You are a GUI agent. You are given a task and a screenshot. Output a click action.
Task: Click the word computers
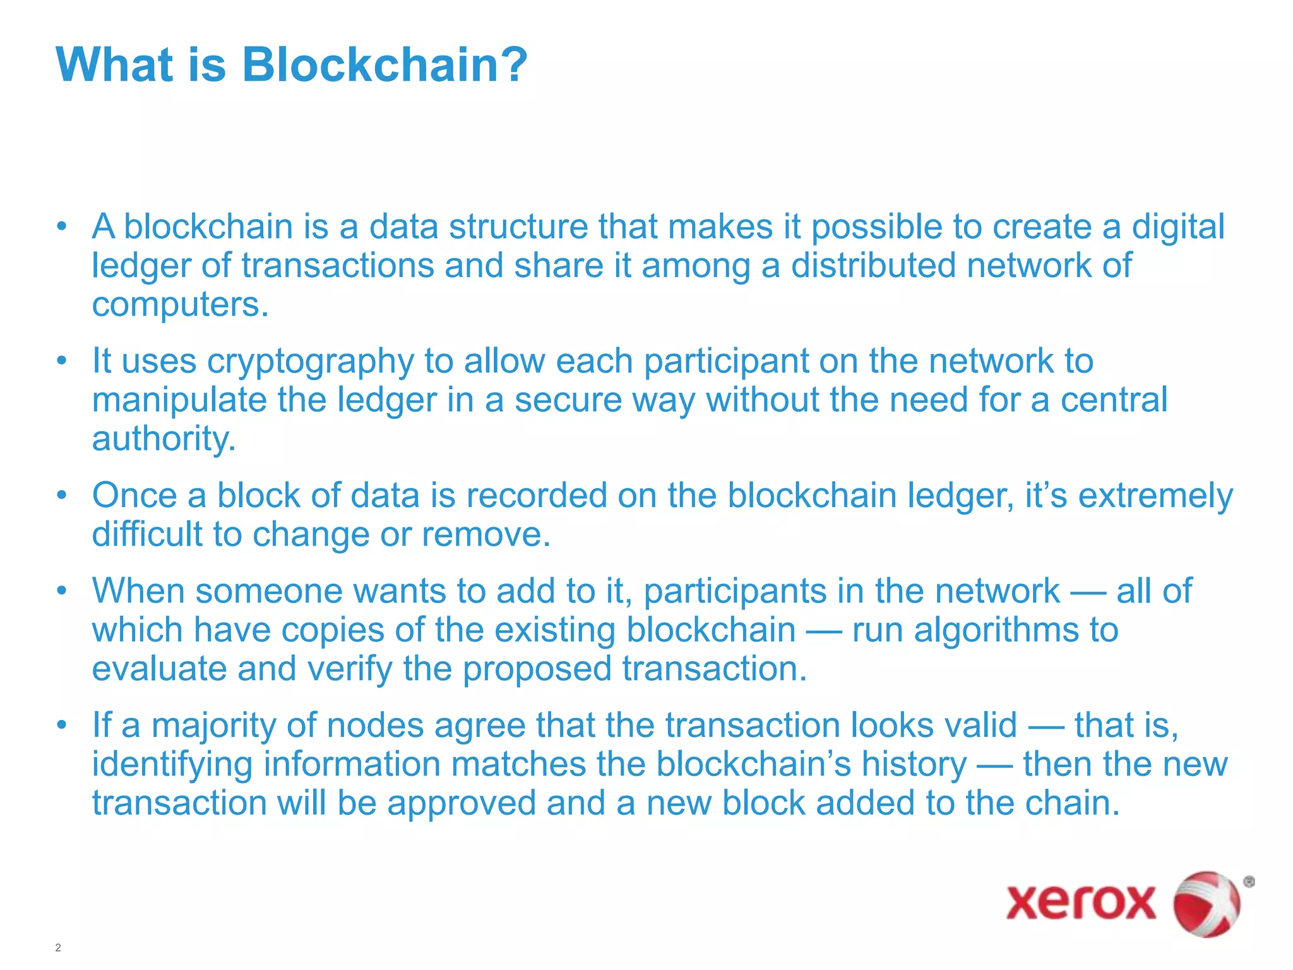(x=180, y=305)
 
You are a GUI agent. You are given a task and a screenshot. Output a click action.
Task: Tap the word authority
(x=164, y=439)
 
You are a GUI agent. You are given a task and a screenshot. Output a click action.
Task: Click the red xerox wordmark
(x=1080, y=902)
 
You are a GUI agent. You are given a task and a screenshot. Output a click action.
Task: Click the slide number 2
(x=58, y=947)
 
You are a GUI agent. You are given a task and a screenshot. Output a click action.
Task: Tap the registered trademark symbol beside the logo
(x=1248, y=882)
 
